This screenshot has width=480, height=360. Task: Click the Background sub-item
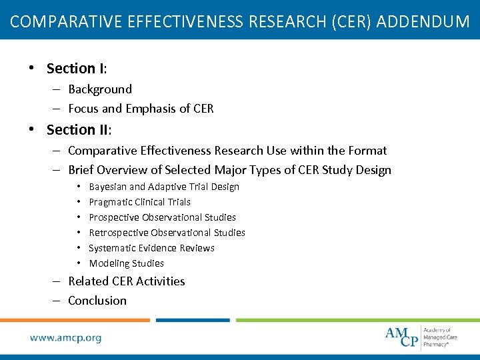click(100, 89)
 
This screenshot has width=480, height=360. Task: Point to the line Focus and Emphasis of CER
click(141, 109)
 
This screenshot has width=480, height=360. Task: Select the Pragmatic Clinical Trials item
click(139, 202)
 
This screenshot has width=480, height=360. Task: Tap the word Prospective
click(115, 217)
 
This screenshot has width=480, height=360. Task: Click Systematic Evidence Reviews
click(151, 248)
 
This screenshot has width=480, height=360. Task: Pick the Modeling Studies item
click(126, 263)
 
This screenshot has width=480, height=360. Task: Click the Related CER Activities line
click(127, 281)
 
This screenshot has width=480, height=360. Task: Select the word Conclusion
click(97, 301)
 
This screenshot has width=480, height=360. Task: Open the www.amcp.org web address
click(65, 338)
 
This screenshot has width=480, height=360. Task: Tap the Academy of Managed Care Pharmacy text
click(441, 337)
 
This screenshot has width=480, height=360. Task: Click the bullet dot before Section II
click(31, 129)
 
